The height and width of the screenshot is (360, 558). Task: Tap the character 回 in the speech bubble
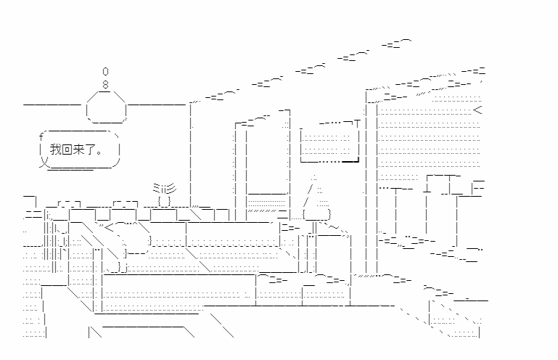pyautogui.click(x=67, y=150)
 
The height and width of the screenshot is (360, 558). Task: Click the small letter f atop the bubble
pyautogui.click(x=41, y=137)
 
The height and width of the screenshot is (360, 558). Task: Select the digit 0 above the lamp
pyautogui.click(x=105, y=72)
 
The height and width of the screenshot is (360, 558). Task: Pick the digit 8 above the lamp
pyautogui.click(x=105, y=84)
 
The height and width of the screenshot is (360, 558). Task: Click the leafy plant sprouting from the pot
pyautogui.click(x=163, y=188)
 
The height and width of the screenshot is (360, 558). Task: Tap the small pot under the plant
pyautogui.click(x=164, y=200)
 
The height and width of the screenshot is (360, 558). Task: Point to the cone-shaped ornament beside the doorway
pyautogui.click(x=316, y=200)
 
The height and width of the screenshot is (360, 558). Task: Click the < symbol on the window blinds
pyautogui.click(x=477, y=110)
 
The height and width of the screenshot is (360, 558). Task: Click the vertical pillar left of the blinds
pyautogui.click(x=370, y=181)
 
